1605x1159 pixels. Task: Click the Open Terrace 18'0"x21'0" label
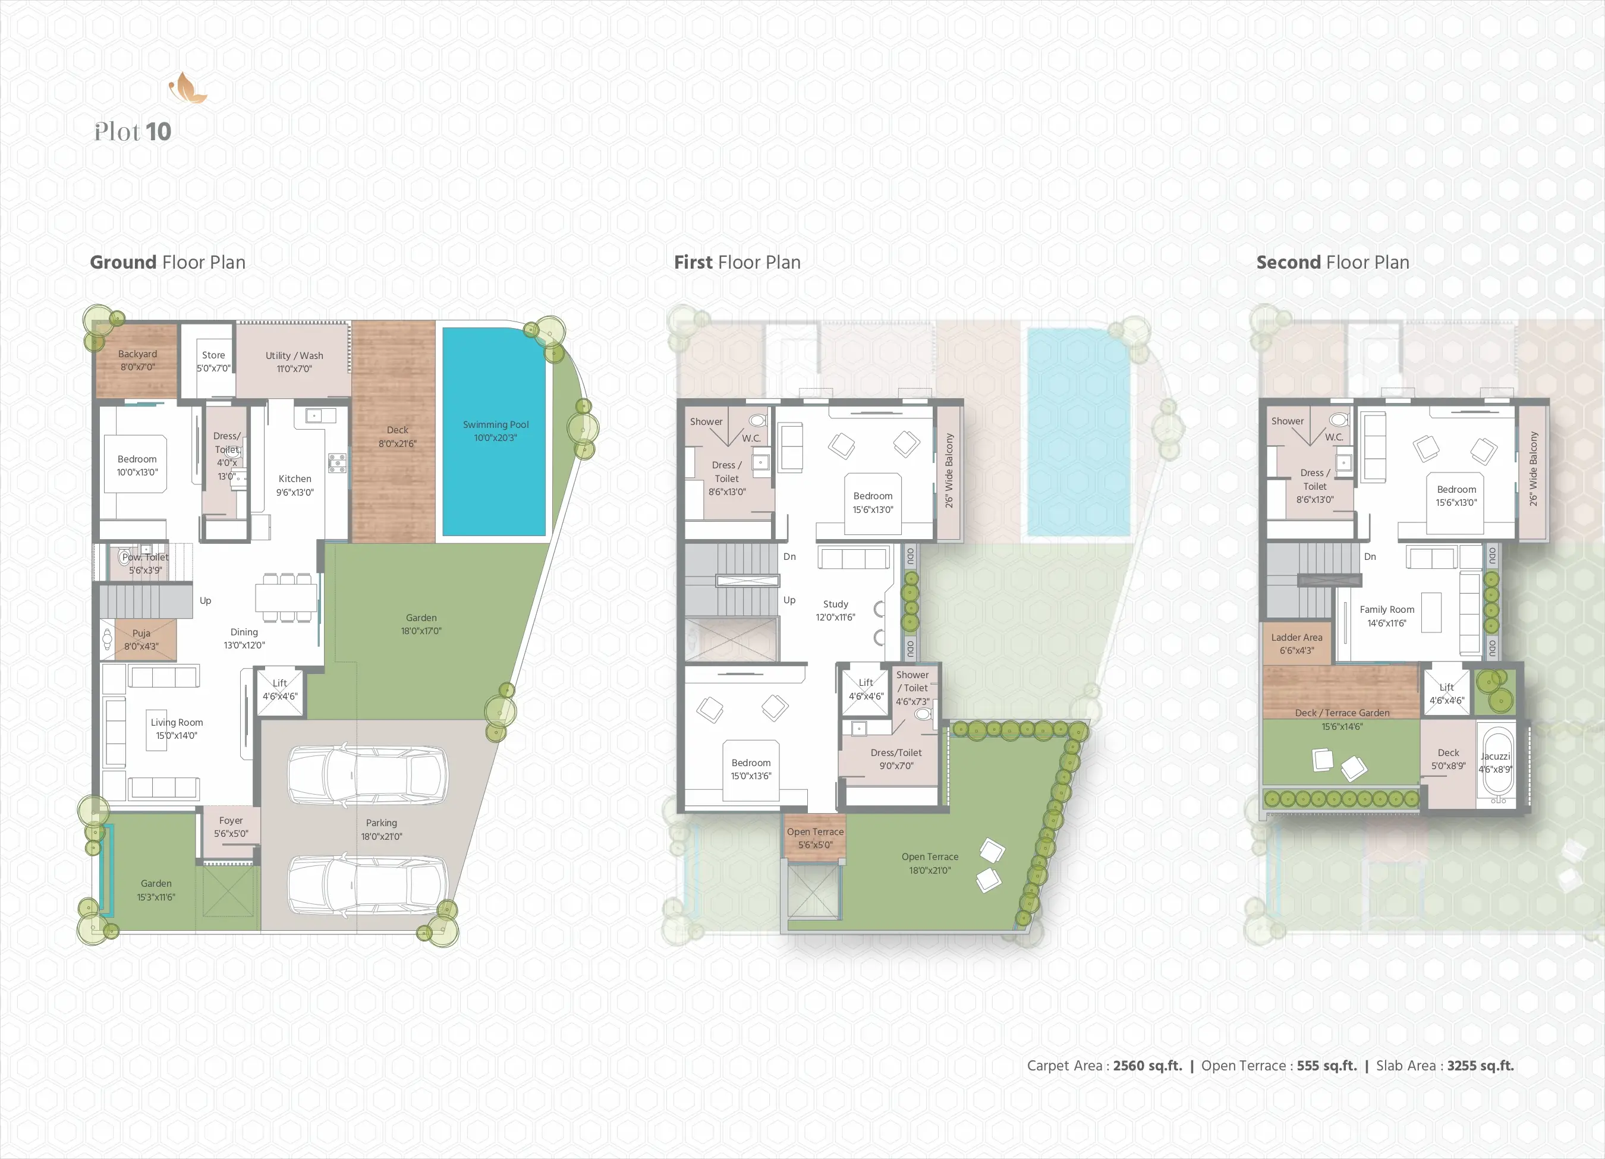930,863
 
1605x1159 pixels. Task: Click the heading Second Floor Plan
1333,263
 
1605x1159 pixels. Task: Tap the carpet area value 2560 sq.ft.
1147,1066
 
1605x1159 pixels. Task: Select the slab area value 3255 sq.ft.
1480,1066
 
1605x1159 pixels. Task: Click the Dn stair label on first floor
790,557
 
